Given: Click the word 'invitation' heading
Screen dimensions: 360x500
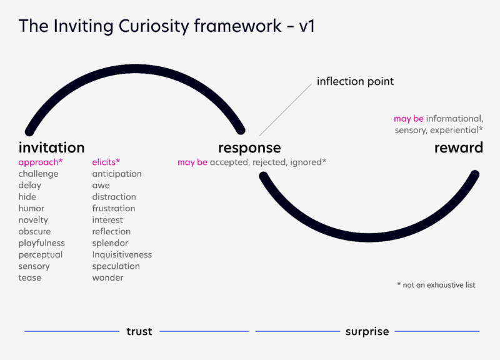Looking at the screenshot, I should coord(51,148).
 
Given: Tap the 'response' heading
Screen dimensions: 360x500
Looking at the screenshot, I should coord(249,148).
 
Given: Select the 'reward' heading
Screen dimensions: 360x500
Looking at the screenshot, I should coord(459,148).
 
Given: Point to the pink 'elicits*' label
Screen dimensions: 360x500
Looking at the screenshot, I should coord(106,162).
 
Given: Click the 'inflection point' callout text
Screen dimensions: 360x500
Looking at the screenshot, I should coord(355,82).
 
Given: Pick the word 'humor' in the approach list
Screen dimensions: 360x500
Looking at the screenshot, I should coord(31,209).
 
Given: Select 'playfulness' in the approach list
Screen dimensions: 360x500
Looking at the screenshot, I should coord(41,243).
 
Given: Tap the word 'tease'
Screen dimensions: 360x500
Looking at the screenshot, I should coord(29,277).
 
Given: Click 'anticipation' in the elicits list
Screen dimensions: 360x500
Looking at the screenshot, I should coord(117,174).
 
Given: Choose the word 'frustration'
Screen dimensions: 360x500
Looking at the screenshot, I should coord(114,209).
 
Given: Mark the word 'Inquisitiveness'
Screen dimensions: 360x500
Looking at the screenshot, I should coord(122,255).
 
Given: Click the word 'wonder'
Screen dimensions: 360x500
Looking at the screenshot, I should coord(107,277).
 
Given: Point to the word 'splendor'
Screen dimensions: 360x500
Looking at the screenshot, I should coord(110,243).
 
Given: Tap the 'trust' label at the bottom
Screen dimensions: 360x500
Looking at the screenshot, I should coord(139,331).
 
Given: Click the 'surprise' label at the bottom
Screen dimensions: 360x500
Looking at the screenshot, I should coord(367,331).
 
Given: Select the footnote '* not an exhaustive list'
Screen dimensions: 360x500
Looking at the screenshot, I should coord(436,285).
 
